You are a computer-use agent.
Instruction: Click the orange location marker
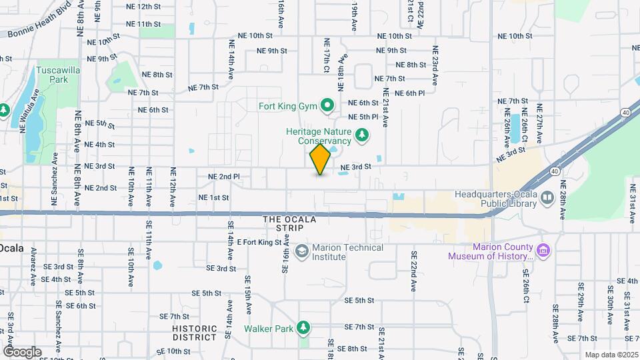coord(321,160)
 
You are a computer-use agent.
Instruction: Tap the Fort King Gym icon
coord(327,105)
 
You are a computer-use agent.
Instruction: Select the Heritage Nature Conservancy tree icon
coord(362,136)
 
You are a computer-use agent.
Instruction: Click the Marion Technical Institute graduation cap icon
coord(301,251)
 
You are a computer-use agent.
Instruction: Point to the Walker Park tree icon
coord(303,328)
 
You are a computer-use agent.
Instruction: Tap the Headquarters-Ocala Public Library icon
coord(547,197)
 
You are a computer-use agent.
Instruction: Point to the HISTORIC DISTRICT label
coord(195,333)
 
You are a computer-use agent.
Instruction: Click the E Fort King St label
coord(259,242)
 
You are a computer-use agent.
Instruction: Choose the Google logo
coord(22,351)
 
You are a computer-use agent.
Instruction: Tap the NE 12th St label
coord(144,6)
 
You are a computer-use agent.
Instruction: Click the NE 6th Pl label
coord(409,93)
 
